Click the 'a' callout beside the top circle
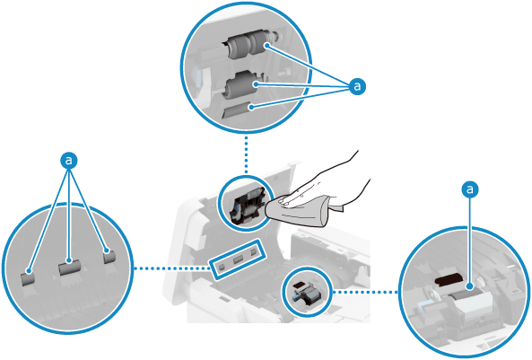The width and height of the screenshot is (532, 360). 357,86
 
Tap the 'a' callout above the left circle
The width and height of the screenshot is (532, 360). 69,160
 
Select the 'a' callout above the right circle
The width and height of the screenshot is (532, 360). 470,189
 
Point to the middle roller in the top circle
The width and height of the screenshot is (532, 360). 241,85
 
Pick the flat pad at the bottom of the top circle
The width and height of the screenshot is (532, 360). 236,109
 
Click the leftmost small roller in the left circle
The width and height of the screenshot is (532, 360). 28,278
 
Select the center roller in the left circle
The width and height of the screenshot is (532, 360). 70,268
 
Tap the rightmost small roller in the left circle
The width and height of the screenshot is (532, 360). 109,257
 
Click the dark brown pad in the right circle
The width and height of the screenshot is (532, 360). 449,279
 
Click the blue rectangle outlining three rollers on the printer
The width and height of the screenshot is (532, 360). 237,259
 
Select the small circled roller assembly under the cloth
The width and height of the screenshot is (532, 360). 245,204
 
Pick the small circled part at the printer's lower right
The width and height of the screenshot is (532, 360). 307,292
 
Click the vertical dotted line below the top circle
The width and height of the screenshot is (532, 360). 246,154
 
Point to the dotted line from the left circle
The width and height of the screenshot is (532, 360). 172,268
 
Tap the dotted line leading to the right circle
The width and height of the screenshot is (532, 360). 366,292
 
